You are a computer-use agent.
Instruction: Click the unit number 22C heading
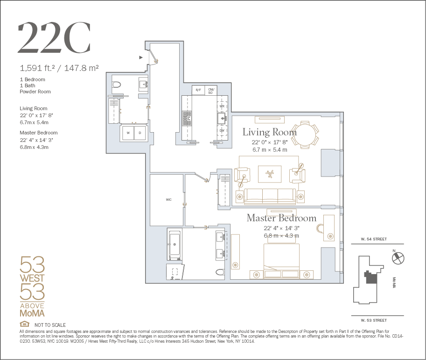[54, 38]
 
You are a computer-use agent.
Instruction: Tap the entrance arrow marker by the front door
[141, 57]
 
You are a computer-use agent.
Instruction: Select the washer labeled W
[128, 133]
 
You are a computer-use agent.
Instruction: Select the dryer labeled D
[140, 133]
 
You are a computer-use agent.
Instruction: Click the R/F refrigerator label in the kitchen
[198, 90]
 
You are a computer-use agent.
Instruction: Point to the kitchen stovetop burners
[187, 118]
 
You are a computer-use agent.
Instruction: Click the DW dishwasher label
[222, 131]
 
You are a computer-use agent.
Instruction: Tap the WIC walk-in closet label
[169, 199]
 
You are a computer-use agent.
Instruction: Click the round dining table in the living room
[305, 135]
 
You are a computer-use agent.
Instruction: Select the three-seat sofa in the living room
[270, 196]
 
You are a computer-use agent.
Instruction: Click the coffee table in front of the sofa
[270, 174]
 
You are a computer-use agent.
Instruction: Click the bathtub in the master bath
[175, 245]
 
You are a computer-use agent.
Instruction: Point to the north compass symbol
[398, 258]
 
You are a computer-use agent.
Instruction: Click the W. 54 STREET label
[374, 239]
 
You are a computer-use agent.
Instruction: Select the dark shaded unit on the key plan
[371, 277]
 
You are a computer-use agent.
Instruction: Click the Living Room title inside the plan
[270, 132]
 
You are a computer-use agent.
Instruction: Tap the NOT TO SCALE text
[50, 325]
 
